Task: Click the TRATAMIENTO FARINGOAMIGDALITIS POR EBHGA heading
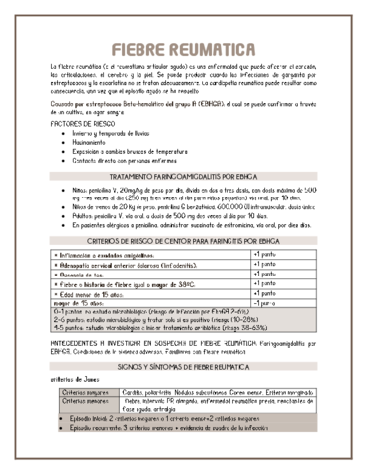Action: click(x=183, y=176)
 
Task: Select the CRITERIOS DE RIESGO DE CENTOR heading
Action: click(x=183, y=240)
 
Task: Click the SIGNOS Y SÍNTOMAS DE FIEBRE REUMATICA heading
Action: click(x=183, y=365)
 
